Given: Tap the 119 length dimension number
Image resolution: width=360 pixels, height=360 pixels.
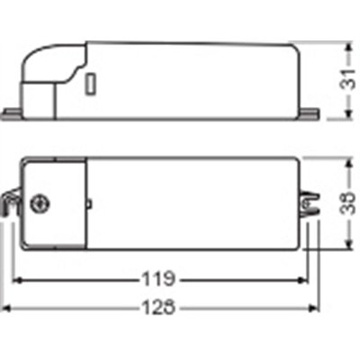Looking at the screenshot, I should pyautogui.click(x=162, y=278).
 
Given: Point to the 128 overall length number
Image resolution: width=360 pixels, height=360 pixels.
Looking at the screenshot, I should pyautogui.click(x=162, y=307).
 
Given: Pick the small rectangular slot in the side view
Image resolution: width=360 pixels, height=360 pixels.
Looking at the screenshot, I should pyautogui.click(x=92, y=87).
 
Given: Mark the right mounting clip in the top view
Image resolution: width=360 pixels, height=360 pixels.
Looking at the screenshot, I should pyautogui.click(x=311, y=204).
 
